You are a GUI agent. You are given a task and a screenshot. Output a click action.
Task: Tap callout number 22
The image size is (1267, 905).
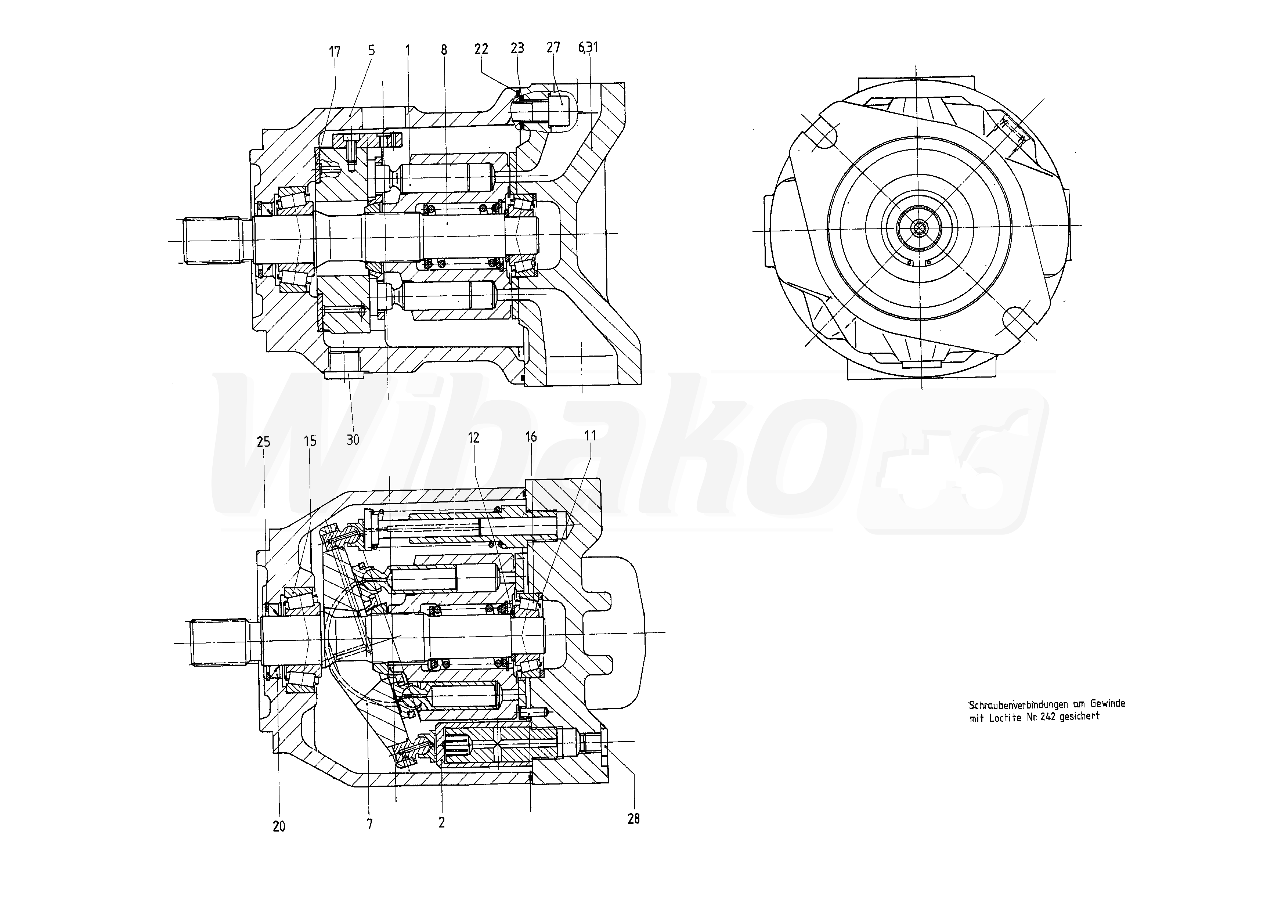point(481,49)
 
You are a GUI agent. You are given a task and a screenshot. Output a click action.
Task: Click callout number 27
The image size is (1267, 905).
point(553,47)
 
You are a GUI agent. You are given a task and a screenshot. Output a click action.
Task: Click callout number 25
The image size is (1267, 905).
point(264,442)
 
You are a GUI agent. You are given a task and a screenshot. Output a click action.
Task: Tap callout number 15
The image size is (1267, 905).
point(310,441)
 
